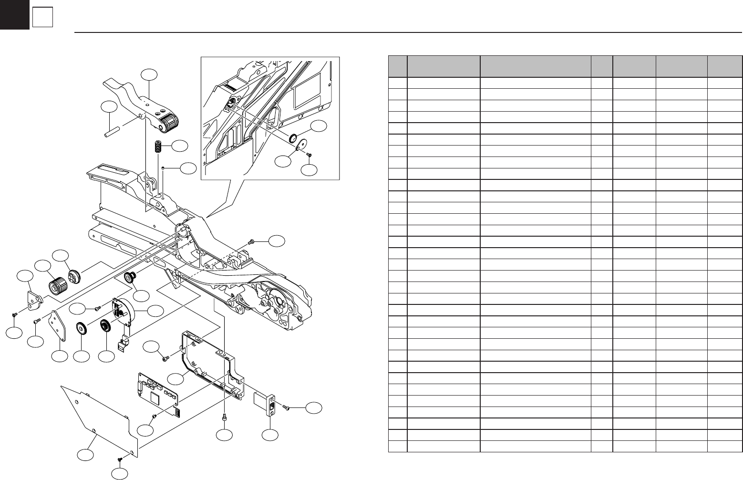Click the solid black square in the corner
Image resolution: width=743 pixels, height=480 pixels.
[x=14, y=14]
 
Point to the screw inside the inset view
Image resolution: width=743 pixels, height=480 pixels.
[x=309, y=155]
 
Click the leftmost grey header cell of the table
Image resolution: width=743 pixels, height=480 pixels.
[x=398, y=66]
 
